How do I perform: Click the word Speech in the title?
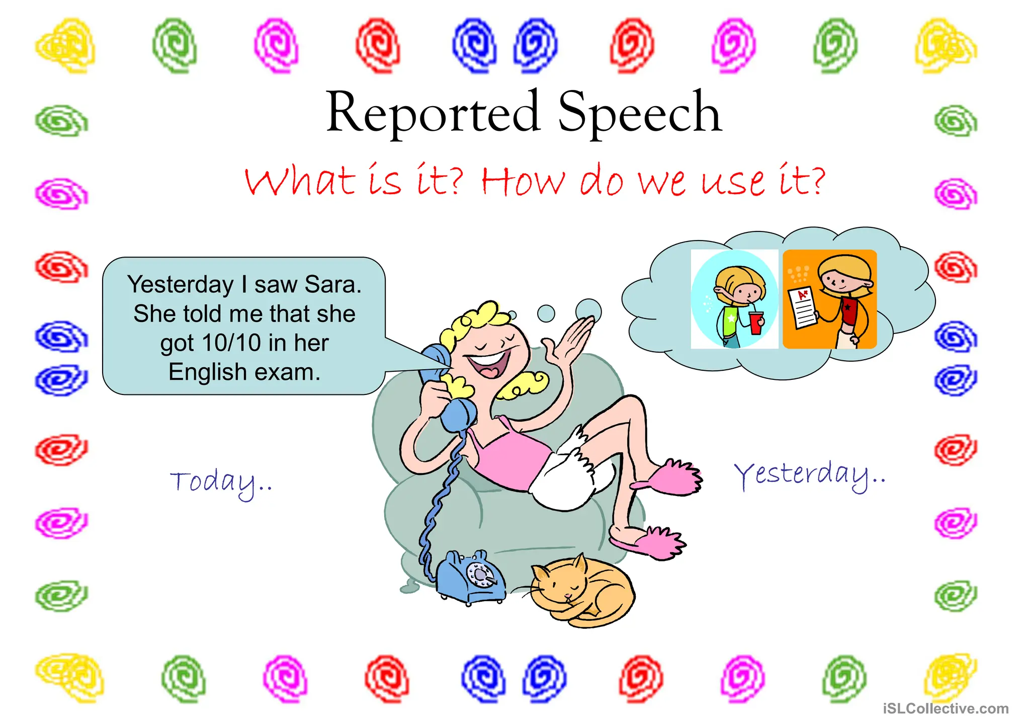point(640,113)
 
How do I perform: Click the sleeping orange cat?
point(583,591)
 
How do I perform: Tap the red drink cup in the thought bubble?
point(755,322)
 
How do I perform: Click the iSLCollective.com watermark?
point(946,708)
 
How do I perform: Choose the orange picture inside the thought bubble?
point(830,299)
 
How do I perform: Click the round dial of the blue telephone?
point(478,574)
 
